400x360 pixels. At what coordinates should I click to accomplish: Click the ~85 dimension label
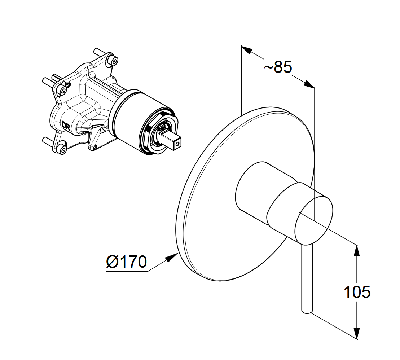tap(278, 67)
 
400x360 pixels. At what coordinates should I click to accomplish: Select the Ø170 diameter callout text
tap(127, 262)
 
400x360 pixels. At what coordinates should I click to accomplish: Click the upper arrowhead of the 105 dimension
tap(357, 251)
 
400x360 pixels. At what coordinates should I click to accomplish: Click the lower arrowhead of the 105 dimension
tap(357, 333)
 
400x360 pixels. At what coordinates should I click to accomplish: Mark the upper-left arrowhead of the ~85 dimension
tap(247, 50)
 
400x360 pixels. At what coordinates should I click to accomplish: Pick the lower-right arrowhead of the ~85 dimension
tap(309, 84)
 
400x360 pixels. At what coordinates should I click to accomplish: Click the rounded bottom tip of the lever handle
tap(307, 311)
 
